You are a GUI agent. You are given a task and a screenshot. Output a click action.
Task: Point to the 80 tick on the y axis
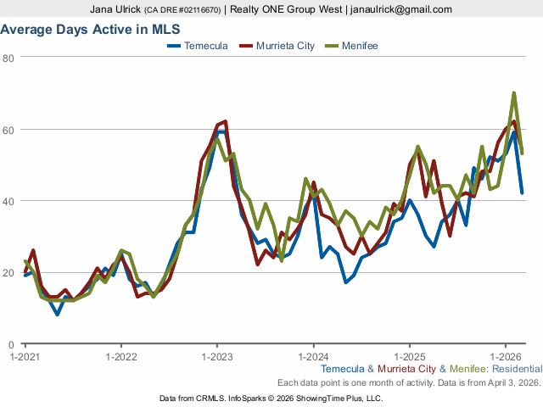[x=8, y=58]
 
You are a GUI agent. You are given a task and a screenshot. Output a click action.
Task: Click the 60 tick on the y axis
[x=8, y=130]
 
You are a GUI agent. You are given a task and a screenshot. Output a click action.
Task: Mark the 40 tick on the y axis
[x=8, y=201]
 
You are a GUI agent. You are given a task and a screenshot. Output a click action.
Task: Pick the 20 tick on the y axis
[x=8, y=273]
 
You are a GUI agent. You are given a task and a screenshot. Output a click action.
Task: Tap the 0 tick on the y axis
[x=11, y=344]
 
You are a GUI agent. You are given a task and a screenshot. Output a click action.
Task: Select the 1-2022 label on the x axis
[x=121, y=356]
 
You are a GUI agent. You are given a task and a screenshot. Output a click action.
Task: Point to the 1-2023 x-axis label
[x=217, y=356]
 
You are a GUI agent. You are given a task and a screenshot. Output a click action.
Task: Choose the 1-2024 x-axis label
[x=313, y=356]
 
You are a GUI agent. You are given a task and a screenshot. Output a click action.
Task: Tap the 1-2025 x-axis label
[x=410, y=356]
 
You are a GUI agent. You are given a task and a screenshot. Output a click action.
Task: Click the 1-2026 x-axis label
[x=506, y=356]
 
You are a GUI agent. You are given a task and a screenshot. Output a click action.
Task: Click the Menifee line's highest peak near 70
[x=514, y=93]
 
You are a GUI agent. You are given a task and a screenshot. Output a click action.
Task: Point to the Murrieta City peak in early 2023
[x=225, y=122]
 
